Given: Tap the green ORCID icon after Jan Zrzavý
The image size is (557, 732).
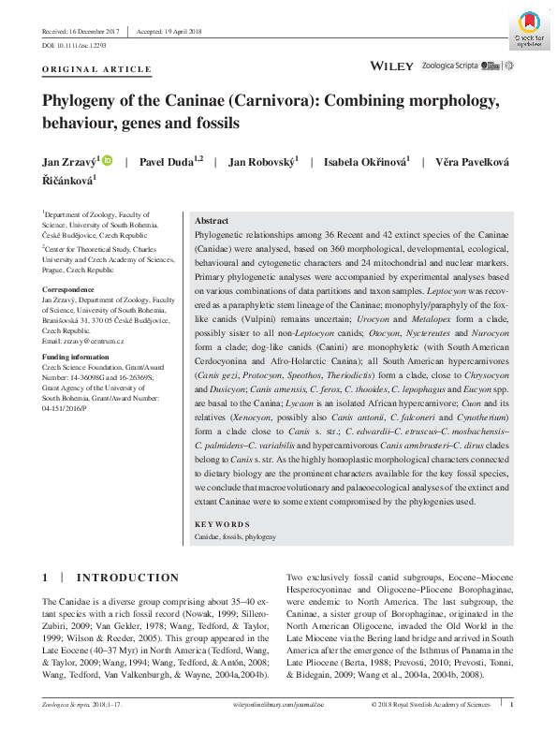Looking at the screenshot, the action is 108,162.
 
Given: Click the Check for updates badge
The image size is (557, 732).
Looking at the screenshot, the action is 530,31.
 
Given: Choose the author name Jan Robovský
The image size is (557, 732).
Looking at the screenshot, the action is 263,162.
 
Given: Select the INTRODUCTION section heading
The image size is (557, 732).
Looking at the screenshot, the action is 127,578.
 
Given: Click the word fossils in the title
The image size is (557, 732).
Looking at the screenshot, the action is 216,123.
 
